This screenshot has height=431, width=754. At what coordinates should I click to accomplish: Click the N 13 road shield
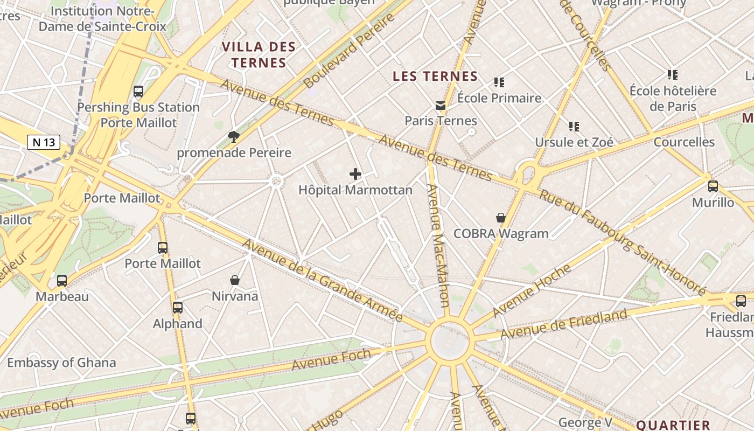point(44,142)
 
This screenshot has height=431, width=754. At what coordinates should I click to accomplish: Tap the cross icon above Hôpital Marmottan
point(355,173)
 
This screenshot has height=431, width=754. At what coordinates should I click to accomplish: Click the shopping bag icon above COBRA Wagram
point(501,218)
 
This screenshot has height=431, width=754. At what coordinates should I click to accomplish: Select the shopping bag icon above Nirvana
point(235,280)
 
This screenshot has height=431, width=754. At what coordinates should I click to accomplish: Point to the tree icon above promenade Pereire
point(233,136)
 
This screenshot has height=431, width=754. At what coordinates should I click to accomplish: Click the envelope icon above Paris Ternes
point(441,105)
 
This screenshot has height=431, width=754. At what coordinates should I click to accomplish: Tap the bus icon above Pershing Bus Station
point(138,92)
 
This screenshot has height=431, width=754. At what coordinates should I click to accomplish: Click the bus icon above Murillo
point(713,186)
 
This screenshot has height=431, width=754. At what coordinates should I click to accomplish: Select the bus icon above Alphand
point(178,308)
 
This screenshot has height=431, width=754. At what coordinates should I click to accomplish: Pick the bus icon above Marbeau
point(62,281)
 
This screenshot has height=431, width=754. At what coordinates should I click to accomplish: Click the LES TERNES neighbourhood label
point(435,76)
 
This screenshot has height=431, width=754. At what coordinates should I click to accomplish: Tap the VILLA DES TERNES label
point(259,54)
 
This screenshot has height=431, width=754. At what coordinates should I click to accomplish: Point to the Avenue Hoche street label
point(532,290)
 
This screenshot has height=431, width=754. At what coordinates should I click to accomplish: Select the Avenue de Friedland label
point(564,324)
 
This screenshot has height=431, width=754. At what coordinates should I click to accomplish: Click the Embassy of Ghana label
point(61,363)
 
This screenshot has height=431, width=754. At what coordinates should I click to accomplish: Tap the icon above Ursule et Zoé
point(574,127)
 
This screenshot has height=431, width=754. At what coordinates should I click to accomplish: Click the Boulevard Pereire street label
point(349,51)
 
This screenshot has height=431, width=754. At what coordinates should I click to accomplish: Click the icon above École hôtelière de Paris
point(672,74)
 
